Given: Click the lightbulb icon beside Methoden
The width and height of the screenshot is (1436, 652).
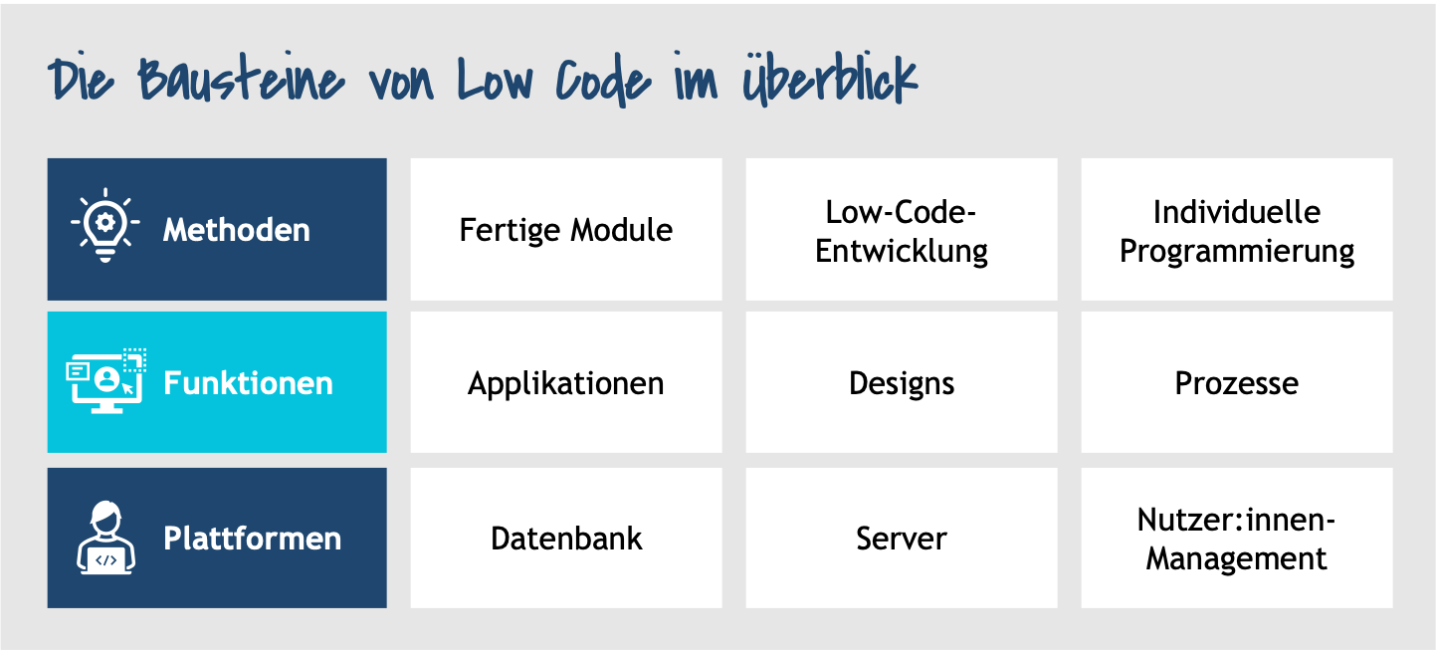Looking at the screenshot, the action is pos(105,226).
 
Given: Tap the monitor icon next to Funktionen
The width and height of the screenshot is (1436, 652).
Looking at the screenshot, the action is pos(106,381).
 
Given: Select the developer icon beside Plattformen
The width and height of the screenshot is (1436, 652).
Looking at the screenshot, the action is pos(105,538).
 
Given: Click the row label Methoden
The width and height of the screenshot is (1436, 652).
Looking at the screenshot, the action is pos(236,230).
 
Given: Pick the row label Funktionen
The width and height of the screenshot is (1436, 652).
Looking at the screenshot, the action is pos(248,382).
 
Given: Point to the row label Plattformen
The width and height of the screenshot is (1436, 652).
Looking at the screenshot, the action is pos(252,538).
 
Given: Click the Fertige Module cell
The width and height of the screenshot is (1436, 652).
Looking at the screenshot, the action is pos(566,229).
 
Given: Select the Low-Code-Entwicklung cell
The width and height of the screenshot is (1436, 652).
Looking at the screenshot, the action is pos(902,229).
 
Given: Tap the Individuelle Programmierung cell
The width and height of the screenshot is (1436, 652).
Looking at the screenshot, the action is pos(1237,229).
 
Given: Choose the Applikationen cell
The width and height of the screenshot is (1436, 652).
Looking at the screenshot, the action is pos(566,382).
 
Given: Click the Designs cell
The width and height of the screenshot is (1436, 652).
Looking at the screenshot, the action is pos(902,382).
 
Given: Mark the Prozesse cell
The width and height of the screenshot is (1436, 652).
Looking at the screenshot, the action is pos(1237,382).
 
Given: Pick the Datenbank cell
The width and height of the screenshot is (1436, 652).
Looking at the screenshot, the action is pos(566,538).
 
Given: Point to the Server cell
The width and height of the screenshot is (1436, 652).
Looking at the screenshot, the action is pos(902,538).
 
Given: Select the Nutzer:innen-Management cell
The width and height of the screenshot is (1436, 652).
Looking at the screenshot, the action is pos(1237,538).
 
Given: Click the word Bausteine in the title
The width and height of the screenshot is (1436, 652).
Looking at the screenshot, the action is pos(242,80).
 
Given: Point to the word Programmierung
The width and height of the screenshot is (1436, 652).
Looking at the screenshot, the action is pos(1237,251).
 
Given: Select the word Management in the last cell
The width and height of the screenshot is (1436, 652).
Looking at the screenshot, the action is pos(1236,558).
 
